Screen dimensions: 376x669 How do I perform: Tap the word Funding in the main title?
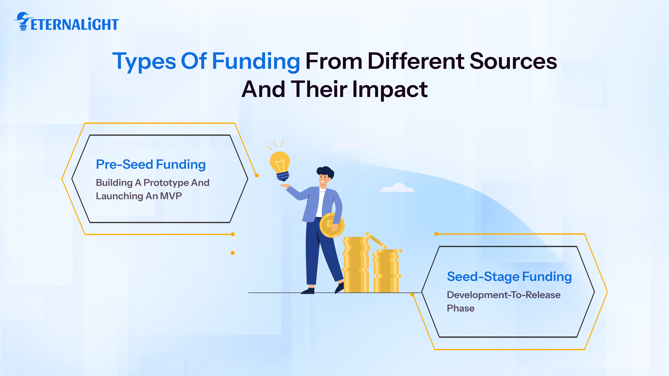click(x=256, y=61)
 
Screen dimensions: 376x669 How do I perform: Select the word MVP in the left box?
click(x=171, y=196)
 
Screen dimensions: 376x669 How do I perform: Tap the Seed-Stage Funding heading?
click(x=509, y=277)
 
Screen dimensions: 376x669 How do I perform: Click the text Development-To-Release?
click(x=503, y=295)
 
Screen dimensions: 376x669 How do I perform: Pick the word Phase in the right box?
click(x=460, y=308)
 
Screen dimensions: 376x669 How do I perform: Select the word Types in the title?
click(x=144, y=61)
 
